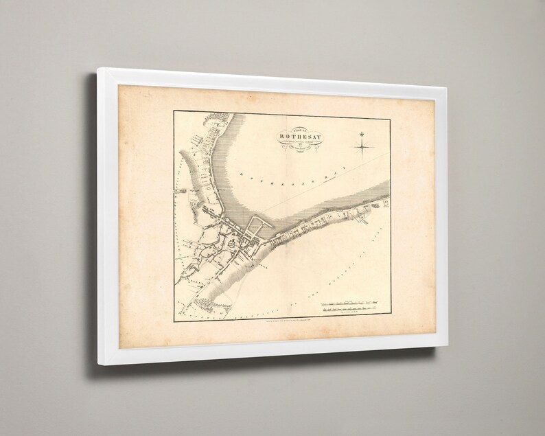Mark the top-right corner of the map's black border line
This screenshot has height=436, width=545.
[392, 117]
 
